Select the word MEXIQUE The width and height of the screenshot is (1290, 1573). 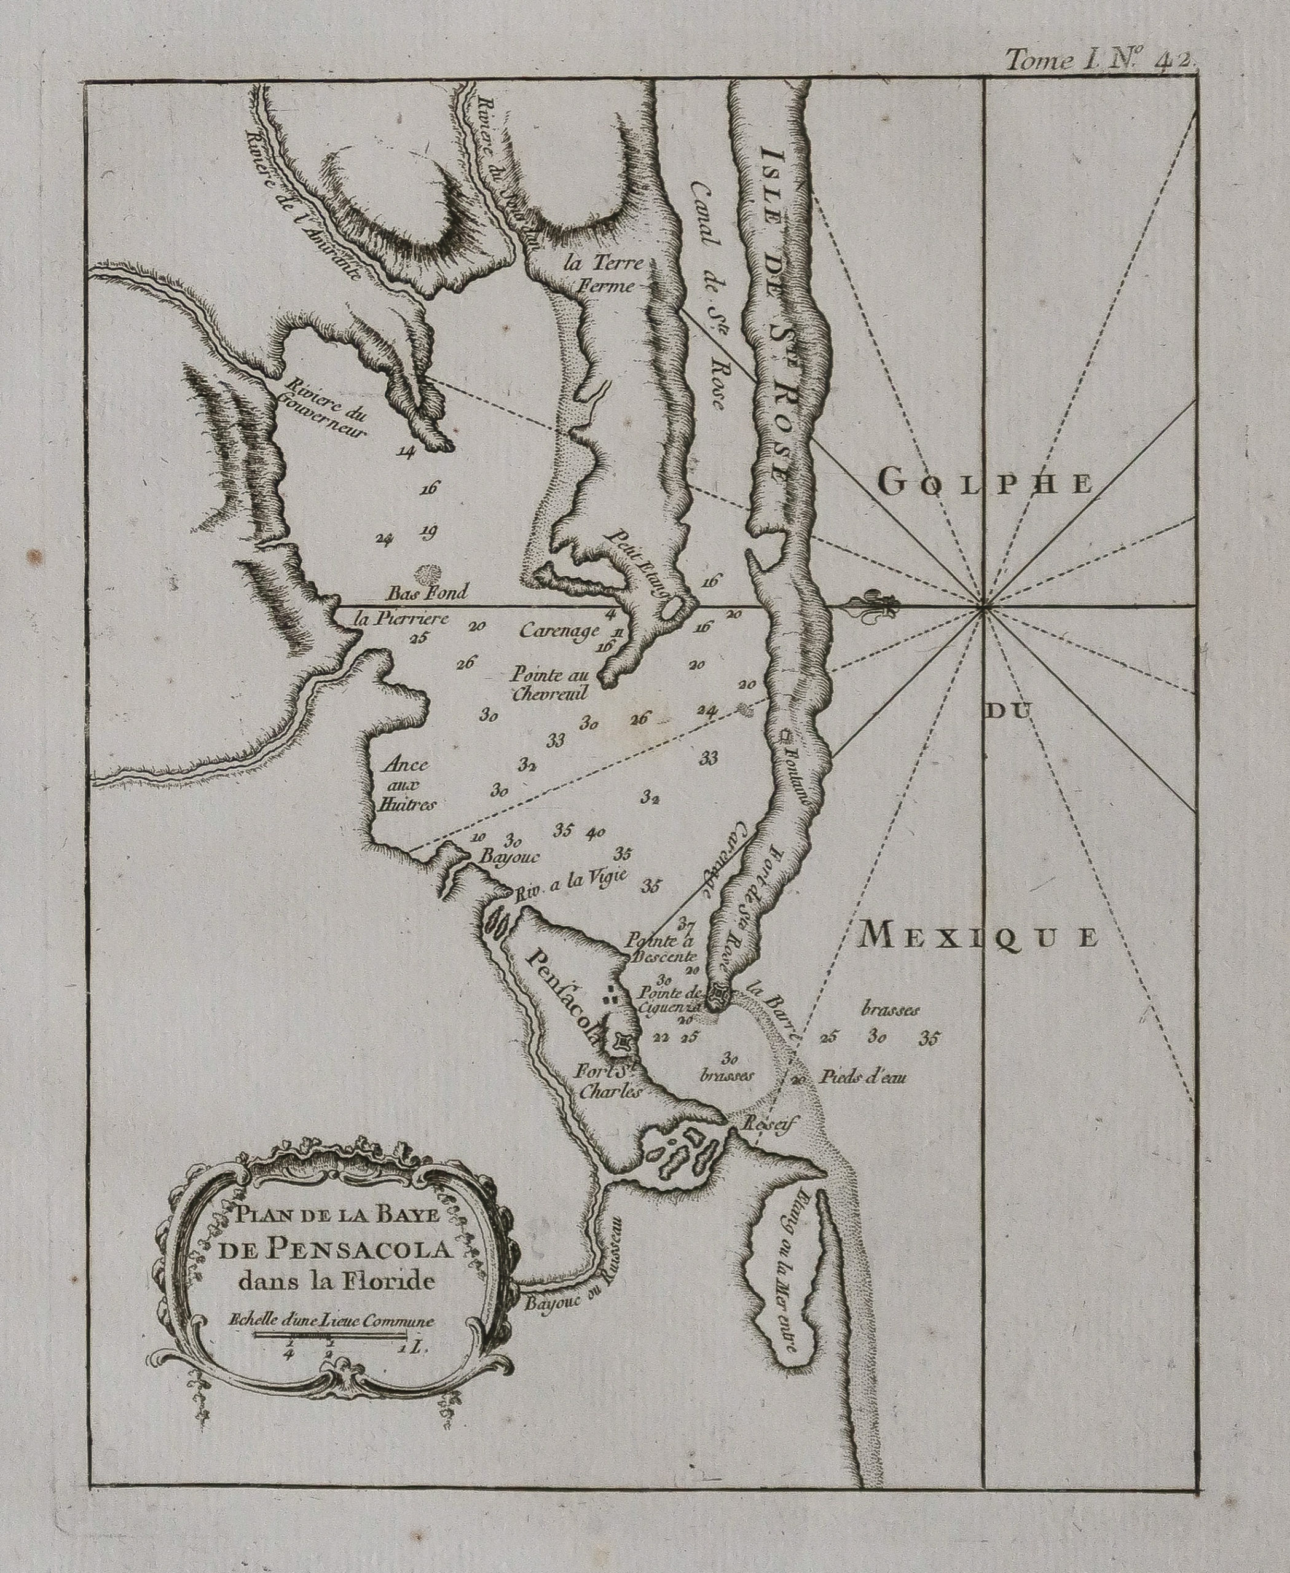(977, 937)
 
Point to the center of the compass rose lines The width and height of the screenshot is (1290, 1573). (983, 607)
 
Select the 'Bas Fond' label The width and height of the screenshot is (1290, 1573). (428, 592)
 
